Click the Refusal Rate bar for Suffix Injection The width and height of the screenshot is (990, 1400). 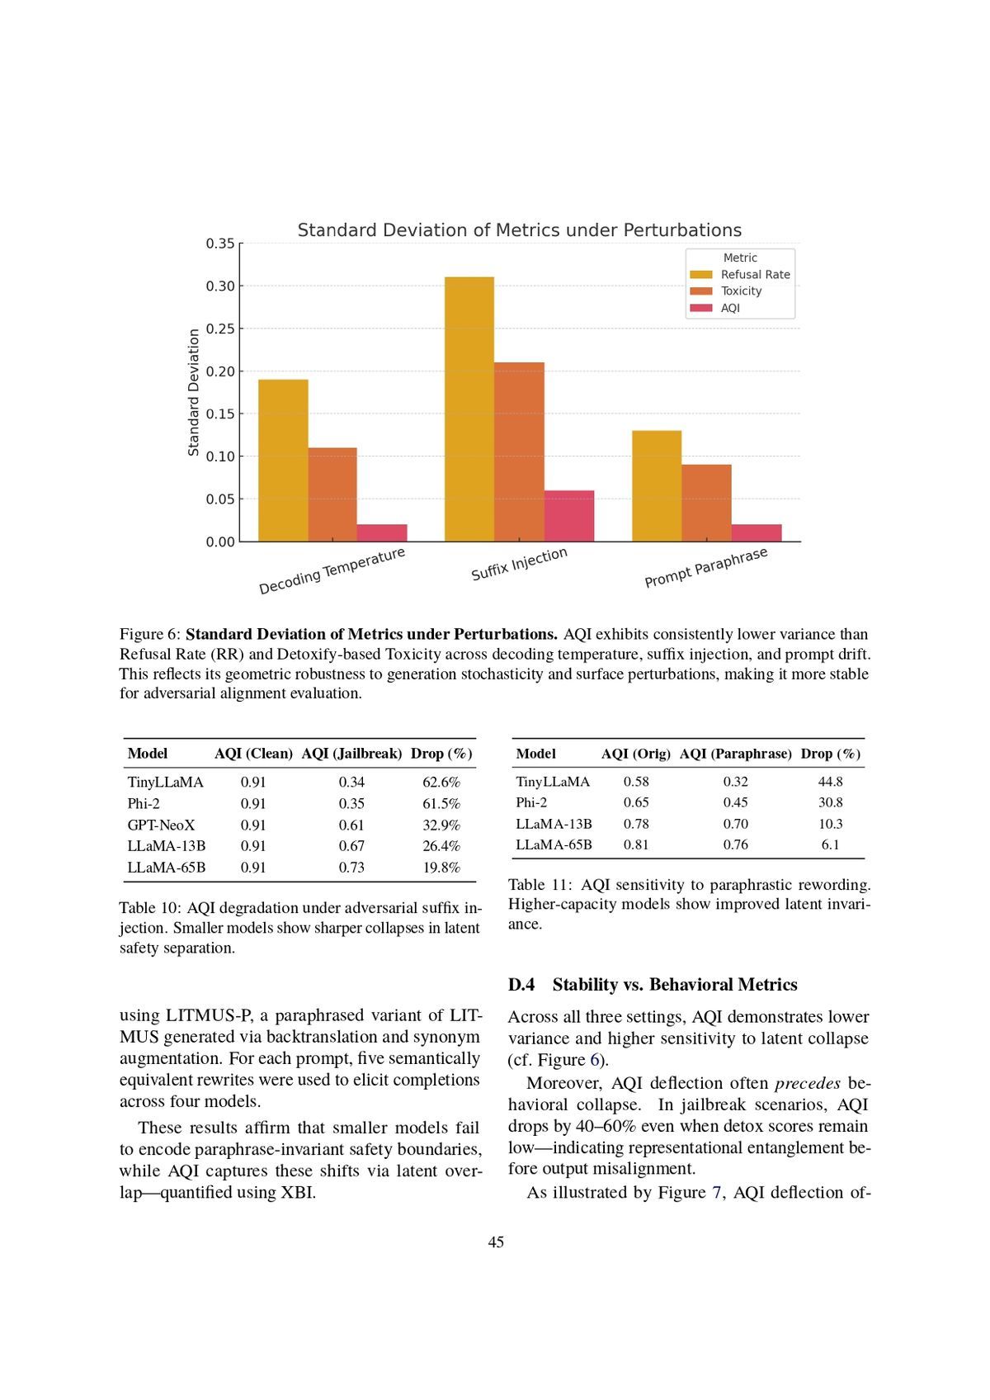[469, 409]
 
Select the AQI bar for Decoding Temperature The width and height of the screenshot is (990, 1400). [382, 533]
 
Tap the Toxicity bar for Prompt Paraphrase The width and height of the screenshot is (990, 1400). [706, 503]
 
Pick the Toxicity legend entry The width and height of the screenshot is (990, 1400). [741, 291]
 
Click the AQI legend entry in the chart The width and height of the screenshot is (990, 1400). [730, 308]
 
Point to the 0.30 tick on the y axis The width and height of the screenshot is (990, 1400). [220, 286]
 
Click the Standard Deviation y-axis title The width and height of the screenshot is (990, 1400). [194, 392]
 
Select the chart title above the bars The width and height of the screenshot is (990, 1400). [519, 230]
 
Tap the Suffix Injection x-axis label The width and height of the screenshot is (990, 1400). [519, 564]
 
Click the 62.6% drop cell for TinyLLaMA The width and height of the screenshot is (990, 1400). [441, 782]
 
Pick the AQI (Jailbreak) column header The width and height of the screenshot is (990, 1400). [351, 754]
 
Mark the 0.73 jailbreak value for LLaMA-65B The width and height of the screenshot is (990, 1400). [351, 868]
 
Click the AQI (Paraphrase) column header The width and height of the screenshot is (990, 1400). [735, 754]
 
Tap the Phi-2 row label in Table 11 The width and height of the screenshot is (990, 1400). [531, 802]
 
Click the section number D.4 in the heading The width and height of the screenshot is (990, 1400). [521, 985]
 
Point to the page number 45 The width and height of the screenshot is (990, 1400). [496, 1242]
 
